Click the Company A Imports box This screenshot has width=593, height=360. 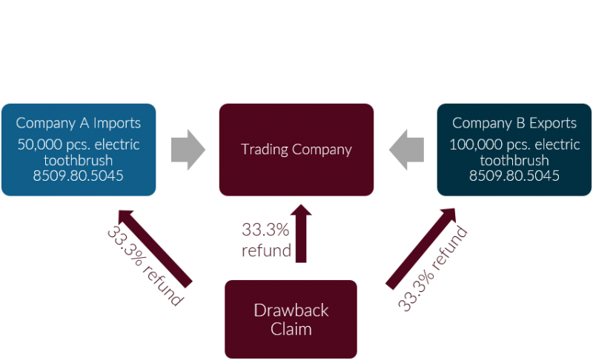click(x=78, y=150)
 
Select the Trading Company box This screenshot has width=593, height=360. click(x=296, y=150)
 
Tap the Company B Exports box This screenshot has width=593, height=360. click(x=514, y=150)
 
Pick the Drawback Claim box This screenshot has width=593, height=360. click(x=291, y=319)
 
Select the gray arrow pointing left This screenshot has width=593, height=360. click(x=406, y=148)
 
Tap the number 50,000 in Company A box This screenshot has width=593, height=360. click(x=39, y=144)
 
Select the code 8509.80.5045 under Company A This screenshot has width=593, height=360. click(x=78, y=176)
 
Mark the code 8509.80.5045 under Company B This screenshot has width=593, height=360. click(x=514, y=176)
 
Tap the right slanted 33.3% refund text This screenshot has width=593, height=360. click(x=434, y=267)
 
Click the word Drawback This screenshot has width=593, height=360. click(x=291, y=310)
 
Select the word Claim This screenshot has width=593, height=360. click(x=291, y=328)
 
